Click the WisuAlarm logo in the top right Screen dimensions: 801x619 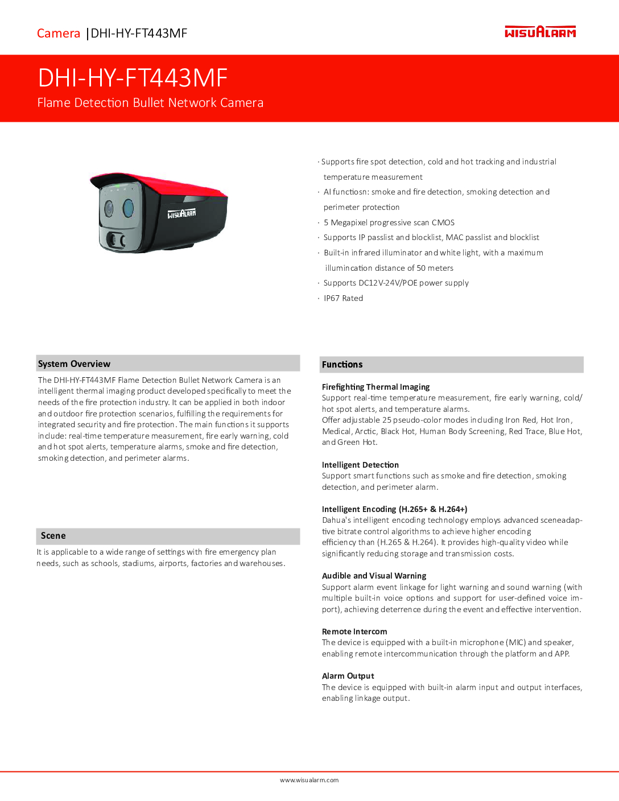pyautogui.click(x=540, y=32)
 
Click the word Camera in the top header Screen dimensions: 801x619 pyautogui.click(x=59, y=34)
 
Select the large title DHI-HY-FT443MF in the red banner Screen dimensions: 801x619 pyautogui.click(x=133, y=78)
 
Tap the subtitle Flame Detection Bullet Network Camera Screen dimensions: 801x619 pyautogui.click(x=150, y=103)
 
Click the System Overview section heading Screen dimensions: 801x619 pyautogui.click(x=74, y=364)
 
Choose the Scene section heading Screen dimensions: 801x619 pyautogui.click(x=53, y=536)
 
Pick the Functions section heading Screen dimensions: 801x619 pyautogui.click(x=342, y=365)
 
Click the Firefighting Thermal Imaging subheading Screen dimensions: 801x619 pyautogui.click(x=375, y=387)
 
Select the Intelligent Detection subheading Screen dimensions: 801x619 pyautogui.click(x=360, y=465)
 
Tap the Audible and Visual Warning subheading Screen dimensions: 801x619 pyautogui.click(x=374, y=576)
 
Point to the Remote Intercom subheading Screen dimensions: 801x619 pyautogui.click(x=354, y=631)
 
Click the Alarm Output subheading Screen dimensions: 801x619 pyautogui.click(x=348, y=676)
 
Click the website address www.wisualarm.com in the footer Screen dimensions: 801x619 pyautogui.click(x=309, y=781)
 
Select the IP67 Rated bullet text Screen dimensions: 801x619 pyautogui.click(x=343, y=298)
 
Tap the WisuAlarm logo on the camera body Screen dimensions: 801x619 pyautogui.click(x=181, y=214)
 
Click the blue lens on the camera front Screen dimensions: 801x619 pyautogui.click(x=127, y=208)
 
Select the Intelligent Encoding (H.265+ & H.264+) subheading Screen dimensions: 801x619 pyautogui.click(x=394, y=509)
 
